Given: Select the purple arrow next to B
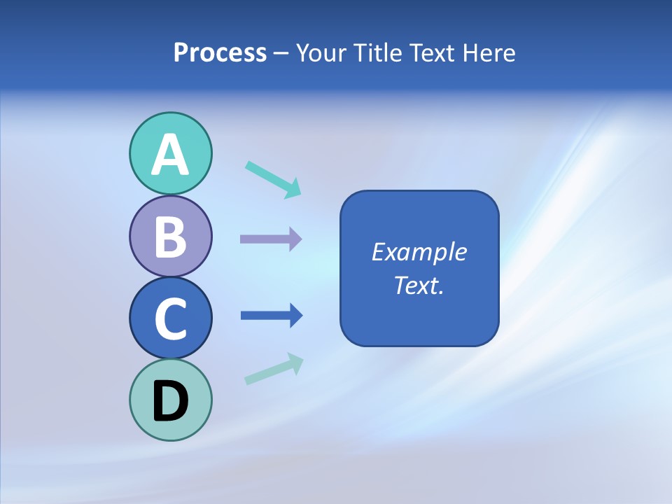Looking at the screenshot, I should point(271,239).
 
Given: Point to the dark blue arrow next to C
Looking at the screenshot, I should point(271,316).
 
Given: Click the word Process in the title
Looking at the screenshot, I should point(220,53).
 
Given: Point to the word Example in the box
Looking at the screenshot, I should point(419,252).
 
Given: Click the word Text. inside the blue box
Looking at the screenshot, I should point(419,285).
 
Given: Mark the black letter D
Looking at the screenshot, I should point(170,401).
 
